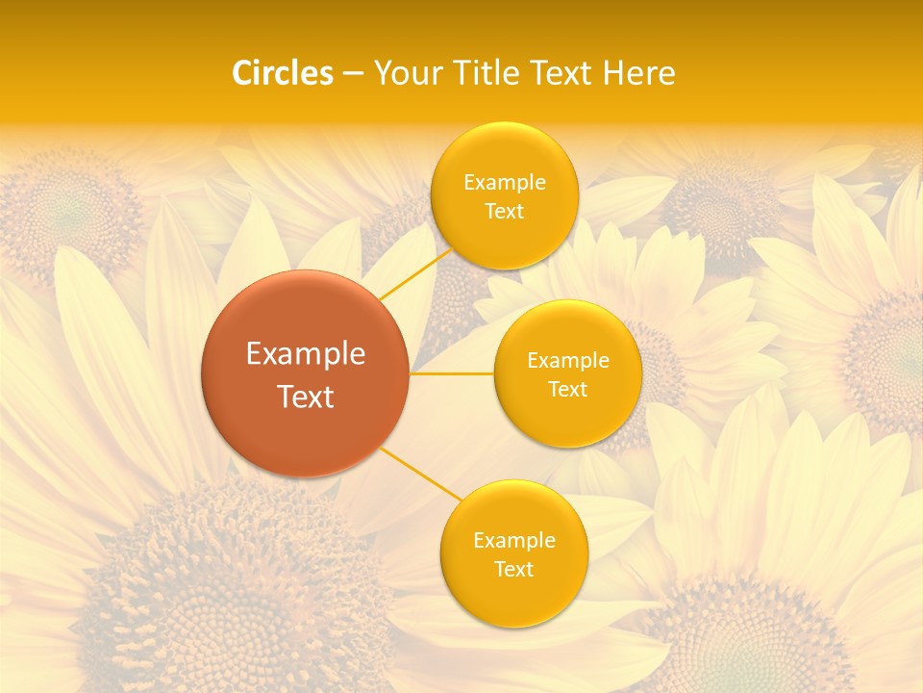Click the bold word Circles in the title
click(x=283, y=73)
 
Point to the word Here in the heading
click(x=639, y=73)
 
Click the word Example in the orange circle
click(x=306, y=354)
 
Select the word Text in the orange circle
click(x=306, y=397)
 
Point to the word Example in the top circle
click(x=504, y=183)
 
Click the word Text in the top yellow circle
click(x=504, y=212)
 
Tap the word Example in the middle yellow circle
click(x=568, y=361)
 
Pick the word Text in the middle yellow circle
click(x=568, y=390)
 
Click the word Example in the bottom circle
click(x=513, y=541)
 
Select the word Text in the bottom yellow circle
click(x=513, y=570)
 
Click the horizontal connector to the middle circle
click(x=452, y=373)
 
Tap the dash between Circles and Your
click(x=352, y=74)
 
